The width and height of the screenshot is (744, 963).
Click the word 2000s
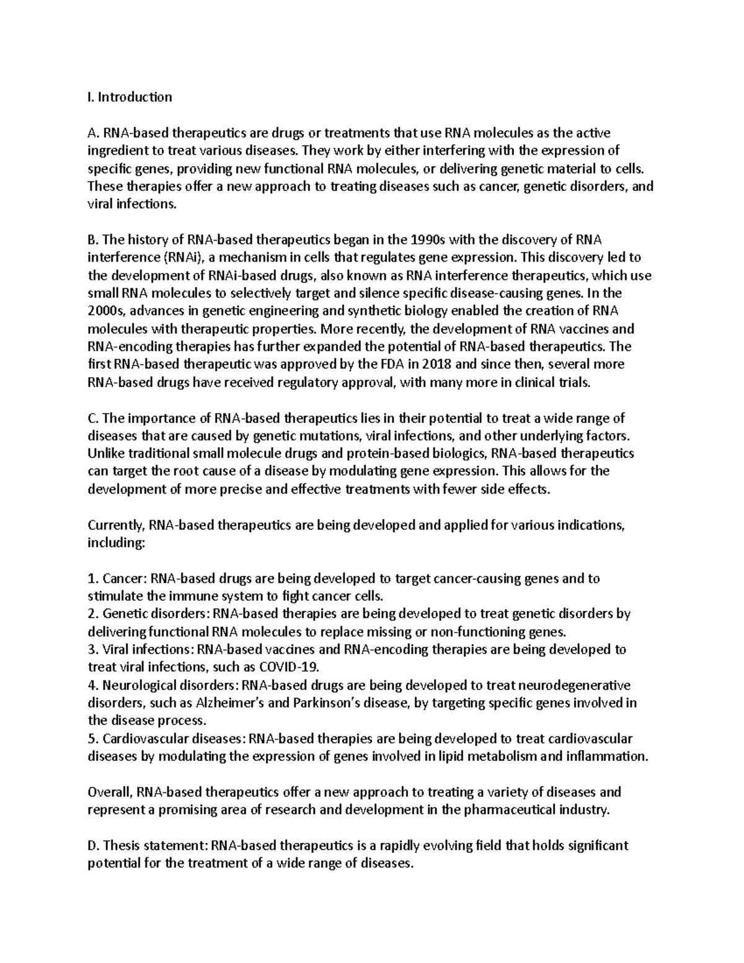(x=107, y=311)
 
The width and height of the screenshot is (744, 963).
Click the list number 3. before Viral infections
(x=93, y=650)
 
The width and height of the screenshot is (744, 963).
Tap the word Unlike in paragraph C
(x=105, y=453)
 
